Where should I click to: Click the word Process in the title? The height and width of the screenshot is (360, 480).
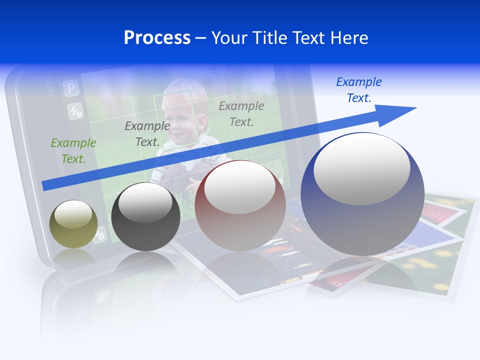point(157,37)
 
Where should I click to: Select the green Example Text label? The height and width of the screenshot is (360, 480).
point(73,150)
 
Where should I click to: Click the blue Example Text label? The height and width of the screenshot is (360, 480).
point(358,89)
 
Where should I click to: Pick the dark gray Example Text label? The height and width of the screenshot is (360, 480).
point(147,133)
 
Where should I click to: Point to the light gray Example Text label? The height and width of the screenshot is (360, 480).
point(241,113)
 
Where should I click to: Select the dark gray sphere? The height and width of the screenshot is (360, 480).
point(145,217)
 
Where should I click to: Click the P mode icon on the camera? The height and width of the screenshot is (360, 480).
point(71,88)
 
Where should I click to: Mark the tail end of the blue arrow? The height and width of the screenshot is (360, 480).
point(44,185)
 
